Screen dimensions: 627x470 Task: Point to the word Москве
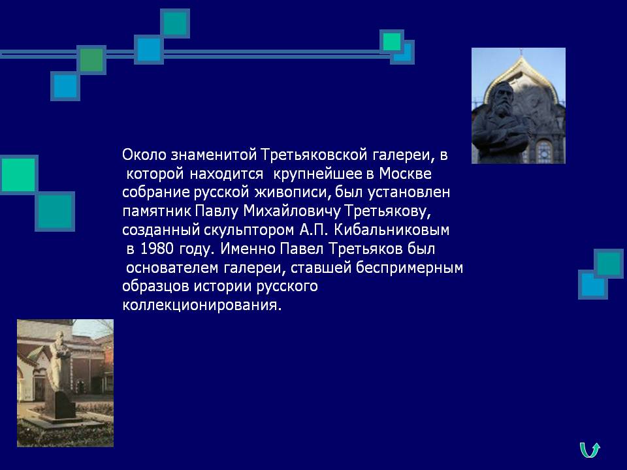tap(406, 174)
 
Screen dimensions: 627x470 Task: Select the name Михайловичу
tap(292, 211)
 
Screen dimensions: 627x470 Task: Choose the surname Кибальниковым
tap(391, 230)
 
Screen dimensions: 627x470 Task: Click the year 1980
tap(157, 249)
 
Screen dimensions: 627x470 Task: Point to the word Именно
tap(248, 249)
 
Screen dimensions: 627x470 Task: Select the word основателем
tap(172, 268)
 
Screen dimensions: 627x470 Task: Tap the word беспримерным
tap(410, 268)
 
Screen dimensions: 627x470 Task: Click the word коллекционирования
tap(202, 305)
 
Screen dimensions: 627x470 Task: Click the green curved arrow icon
tap(590, 450)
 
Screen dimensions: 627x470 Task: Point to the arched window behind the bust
tap(543, 151)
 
